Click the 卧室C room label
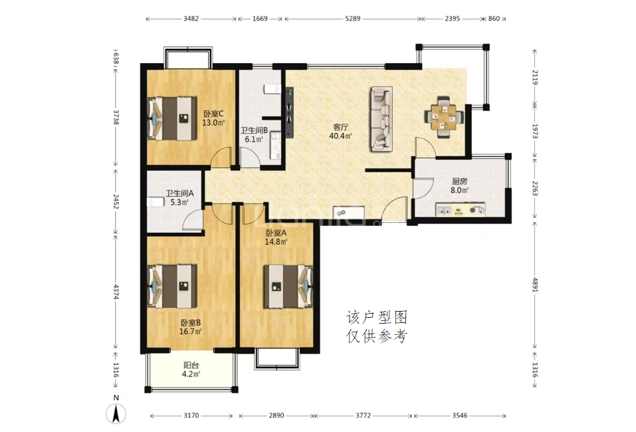coord(213,114)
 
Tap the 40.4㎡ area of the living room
coord(340,136)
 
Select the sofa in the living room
coord(381,119)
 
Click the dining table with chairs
coord(444,117)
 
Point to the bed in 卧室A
coord(288,286)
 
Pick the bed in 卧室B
coord(172,286)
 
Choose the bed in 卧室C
coord(171,118)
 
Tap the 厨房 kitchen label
coord(460,181)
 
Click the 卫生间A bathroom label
coord(179,193)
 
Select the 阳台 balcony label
coord(191,365)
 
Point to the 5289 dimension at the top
coord(352,18)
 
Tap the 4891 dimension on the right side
coord(535,284)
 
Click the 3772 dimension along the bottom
coord(363,415)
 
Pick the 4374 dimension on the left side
coord(116,292)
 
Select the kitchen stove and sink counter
coord(461,210)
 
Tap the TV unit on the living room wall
coord(289,113)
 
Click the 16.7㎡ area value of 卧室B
coord(191,332)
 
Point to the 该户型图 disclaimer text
coord(377,318)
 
